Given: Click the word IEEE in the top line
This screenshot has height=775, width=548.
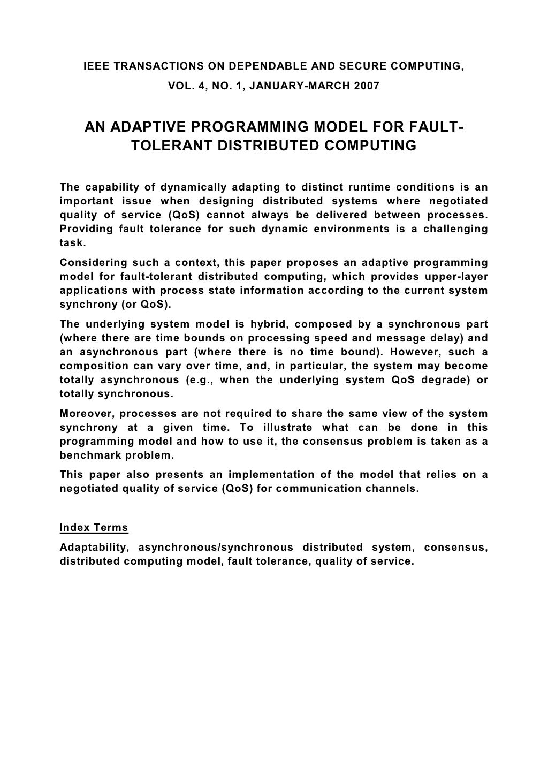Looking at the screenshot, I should (x=97, y=66).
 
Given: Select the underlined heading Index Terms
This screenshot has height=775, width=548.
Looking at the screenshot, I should (x=94, y=527).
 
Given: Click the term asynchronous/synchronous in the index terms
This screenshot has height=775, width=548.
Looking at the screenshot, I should (x=216, y=548).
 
